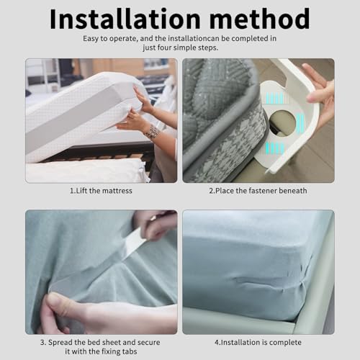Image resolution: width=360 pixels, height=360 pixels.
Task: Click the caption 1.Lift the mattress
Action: (101, 191)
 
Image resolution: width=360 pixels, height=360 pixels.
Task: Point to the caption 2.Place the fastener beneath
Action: (258, 191)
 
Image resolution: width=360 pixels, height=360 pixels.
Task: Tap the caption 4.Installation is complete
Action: (258, 343)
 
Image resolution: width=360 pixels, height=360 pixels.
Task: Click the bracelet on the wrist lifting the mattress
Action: (152, 132)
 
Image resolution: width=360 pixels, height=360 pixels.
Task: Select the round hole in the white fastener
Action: (283, 122)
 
